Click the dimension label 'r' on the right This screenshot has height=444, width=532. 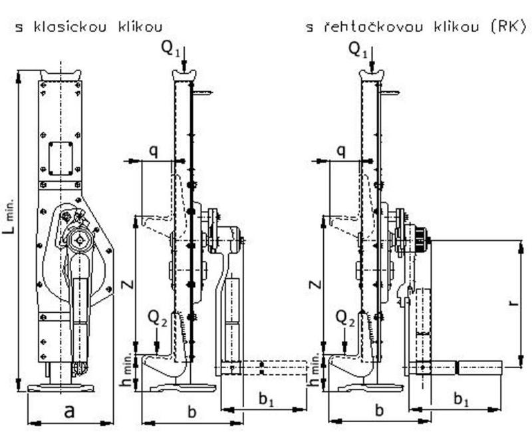click(x=511, y=303)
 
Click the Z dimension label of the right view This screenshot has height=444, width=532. click(x=317, y=285)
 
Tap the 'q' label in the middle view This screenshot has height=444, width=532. click(x=153, y=151)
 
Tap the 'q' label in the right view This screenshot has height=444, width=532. click(x=340, y=151)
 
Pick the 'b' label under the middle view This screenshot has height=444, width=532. click(x=192, y=411)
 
